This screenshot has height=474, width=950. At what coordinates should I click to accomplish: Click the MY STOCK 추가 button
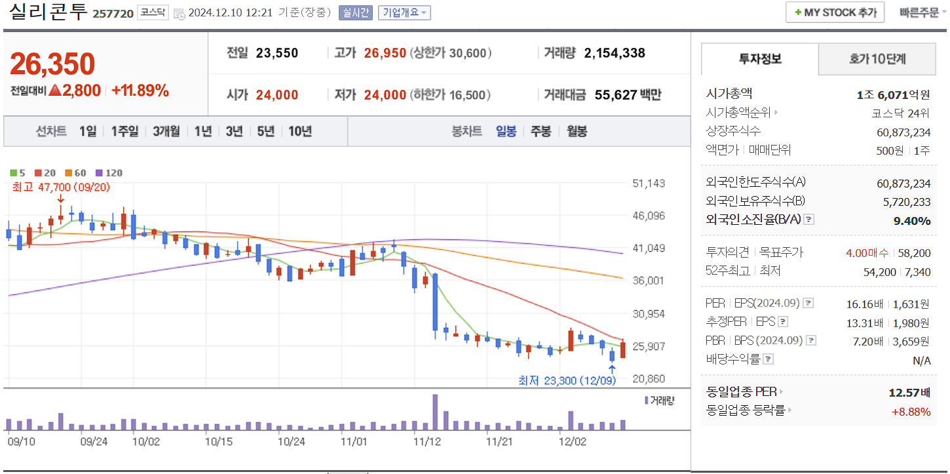(835, 12)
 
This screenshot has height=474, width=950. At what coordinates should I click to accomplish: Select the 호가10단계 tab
(877, 59)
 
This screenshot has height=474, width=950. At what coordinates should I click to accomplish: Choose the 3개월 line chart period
(166, 131)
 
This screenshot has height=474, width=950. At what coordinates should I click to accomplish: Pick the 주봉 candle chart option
(541, 131)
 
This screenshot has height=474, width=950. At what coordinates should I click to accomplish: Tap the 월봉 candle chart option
(577, 131)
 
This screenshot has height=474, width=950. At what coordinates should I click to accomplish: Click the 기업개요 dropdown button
(404, 12)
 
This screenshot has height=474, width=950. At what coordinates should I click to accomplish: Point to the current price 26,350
(52, 64)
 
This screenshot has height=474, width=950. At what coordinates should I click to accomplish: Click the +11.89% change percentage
(140, 90)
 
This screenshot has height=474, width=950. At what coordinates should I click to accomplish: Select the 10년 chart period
(300, 131)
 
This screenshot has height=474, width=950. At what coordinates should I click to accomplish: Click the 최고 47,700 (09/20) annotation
(61, 187)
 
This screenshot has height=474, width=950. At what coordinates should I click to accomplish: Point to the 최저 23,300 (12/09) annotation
(567, 380)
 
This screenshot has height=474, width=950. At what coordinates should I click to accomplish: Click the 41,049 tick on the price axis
(649, 248)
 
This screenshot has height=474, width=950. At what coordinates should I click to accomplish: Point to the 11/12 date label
(428, 442)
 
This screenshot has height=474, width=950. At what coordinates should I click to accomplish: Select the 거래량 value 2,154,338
(614, 53)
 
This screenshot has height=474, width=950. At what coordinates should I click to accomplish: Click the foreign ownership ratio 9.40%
(912, 221)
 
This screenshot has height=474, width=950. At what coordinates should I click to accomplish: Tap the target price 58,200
(915, 252)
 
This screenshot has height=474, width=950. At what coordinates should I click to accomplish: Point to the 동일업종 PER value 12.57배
(909, 393)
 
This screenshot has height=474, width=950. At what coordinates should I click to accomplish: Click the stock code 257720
(113, 13)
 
